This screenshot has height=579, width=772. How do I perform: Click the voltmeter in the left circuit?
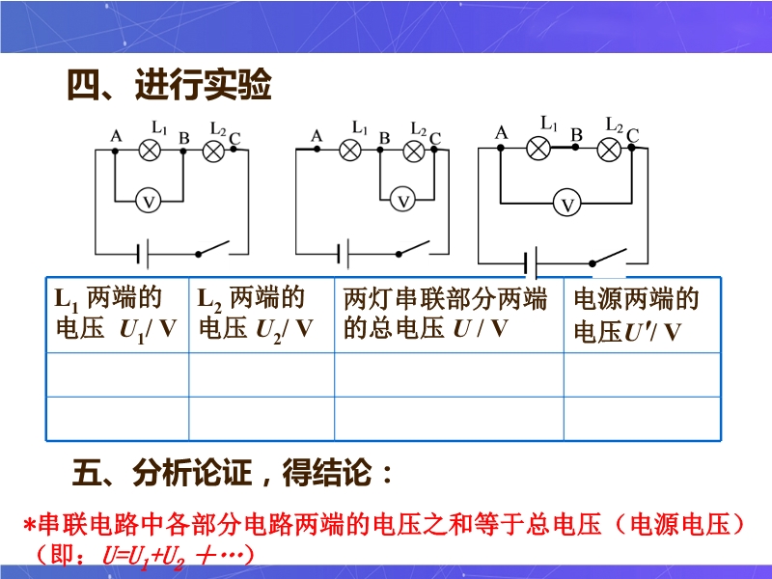(x=149, y=200)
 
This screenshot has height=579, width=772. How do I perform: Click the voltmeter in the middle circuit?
(x=405, y=200)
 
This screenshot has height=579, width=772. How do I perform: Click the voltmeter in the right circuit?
(x=568, y=204)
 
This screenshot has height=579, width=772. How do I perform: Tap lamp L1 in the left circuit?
(x=150, y=150)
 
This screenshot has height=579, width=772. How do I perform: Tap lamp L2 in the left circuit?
(x=213, y=150)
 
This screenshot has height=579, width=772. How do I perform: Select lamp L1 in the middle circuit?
(x=352, y=150)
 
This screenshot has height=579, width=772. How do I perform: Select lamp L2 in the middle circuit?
(x=414, y=151)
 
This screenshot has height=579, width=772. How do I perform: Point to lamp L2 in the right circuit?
(x=609, y=149)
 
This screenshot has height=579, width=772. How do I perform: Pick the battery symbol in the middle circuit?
(x=342, y=255)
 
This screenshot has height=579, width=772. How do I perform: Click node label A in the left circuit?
(x=116, y=136)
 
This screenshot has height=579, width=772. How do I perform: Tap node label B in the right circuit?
(x=576, y=135)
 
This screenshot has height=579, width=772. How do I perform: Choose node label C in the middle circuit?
(x=434, y=139)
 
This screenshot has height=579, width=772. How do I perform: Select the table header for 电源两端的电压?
(x=636, y=315)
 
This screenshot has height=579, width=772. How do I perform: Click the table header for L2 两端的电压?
(x=257, y=313)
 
